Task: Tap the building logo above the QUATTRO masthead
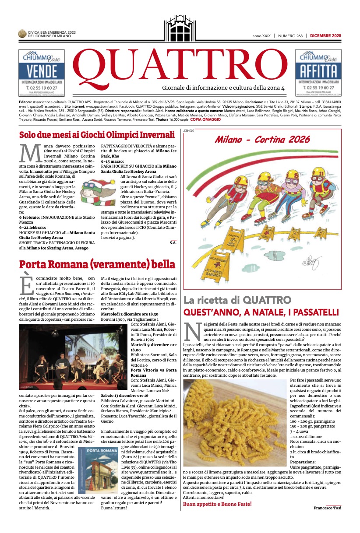(180, 28)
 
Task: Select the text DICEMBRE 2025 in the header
(325, 36)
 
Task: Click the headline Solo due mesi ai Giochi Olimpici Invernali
(97, 135)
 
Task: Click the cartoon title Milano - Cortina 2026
(262, 140)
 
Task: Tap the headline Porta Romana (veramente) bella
(97, 264)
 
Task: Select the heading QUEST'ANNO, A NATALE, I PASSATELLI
(261, 312)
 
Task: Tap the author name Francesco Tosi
(327, 508)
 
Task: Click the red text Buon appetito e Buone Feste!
(217, 504)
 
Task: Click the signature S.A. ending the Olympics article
(173, 242)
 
